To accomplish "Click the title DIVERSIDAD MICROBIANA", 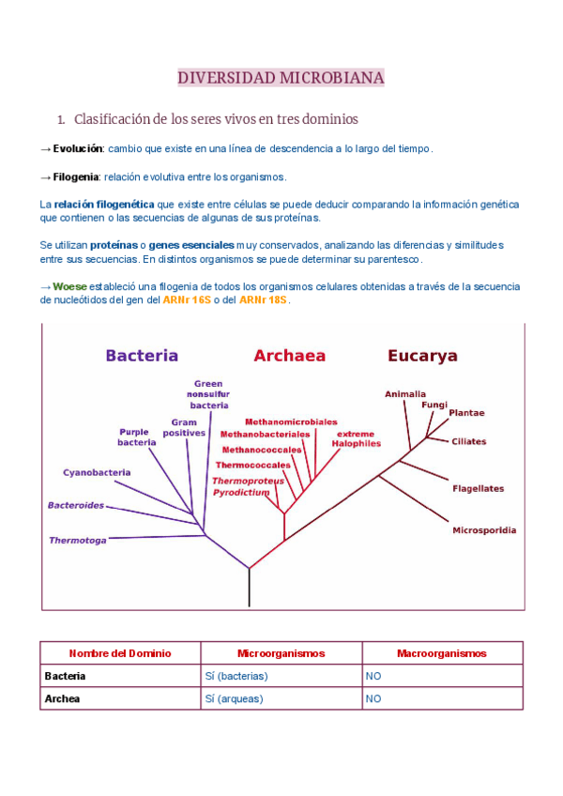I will [x=281, y=78].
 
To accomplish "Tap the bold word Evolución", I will [x=78, y=148].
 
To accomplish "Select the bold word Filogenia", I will [x=76, y=176].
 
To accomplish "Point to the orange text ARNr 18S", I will [x=264, y=300].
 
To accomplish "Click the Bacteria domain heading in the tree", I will [x=142, y=356].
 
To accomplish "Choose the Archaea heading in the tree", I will [x=289, y=356].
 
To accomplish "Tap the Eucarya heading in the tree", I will [x=422, y=356].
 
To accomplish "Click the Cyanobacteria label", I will [x=97, y=472].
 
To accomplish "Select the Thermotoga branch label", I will [x=78, y=541].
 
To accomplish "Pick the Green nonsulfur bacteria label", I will [x=208, y=394].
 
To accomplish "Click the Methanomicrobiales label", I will [x=291, y=422].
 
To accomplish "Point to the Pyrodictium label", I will [x=241, y=492].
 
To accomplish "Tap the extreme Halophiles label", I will [x=356, y=438].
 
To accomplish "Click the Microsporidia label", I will [x=484, y=530].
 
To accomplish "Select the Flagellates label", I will [x=478, y=488].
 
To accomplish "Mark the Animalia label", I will [x=405, y=394].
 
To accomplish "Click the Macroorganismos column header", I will [x=442, y=652].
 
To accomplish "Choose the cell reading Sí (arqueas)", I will [x=234, y=698].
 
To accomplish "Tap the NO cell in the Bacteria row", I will [x=373, y=675].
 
